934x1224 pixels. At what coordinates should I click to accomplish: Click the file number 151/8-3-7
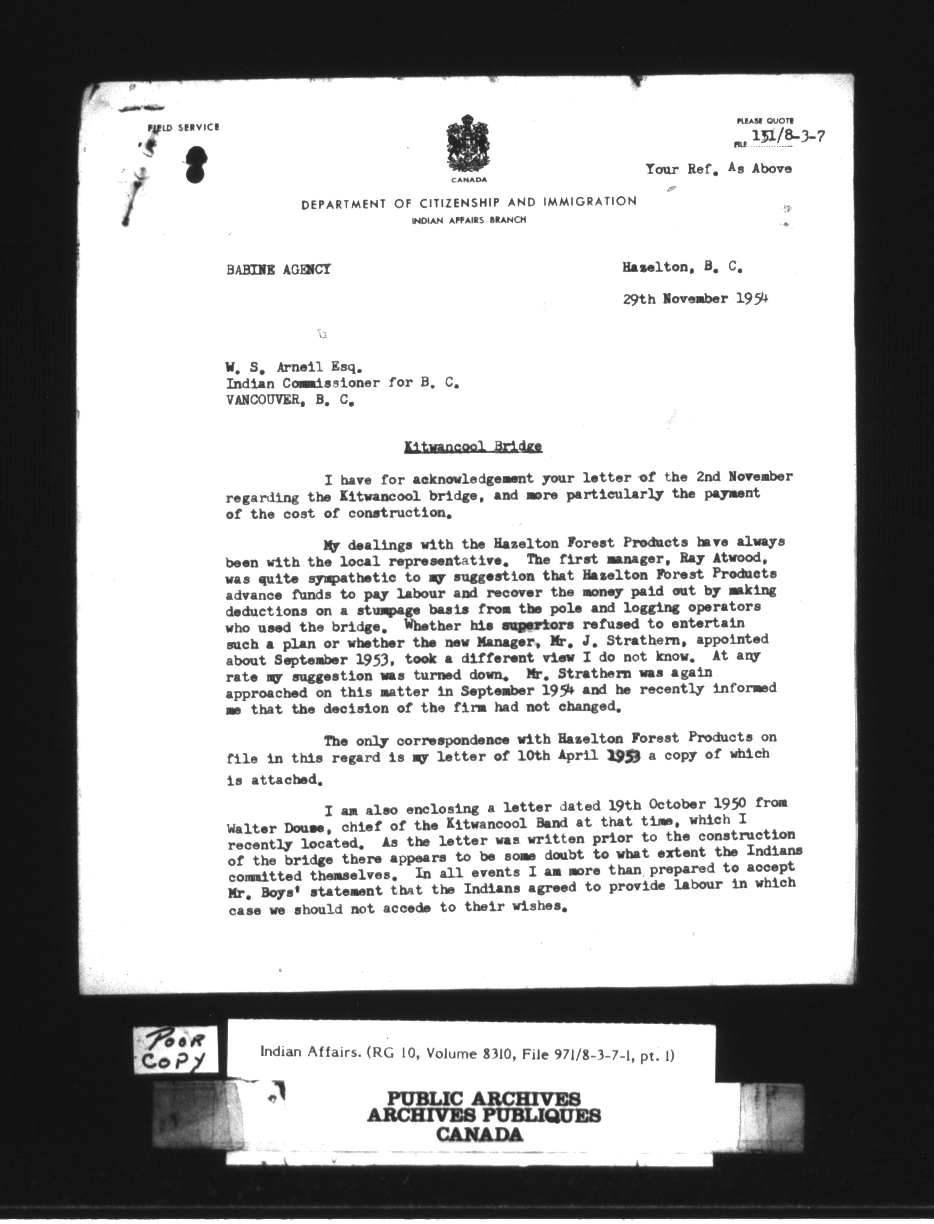(x=787, y=135)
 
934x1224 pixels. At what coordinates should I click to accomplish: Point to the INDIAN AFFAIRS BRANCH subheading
(x=469, y=220)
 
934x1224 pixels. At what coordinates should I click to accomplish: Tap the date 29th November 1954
(x=695, y=299)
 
